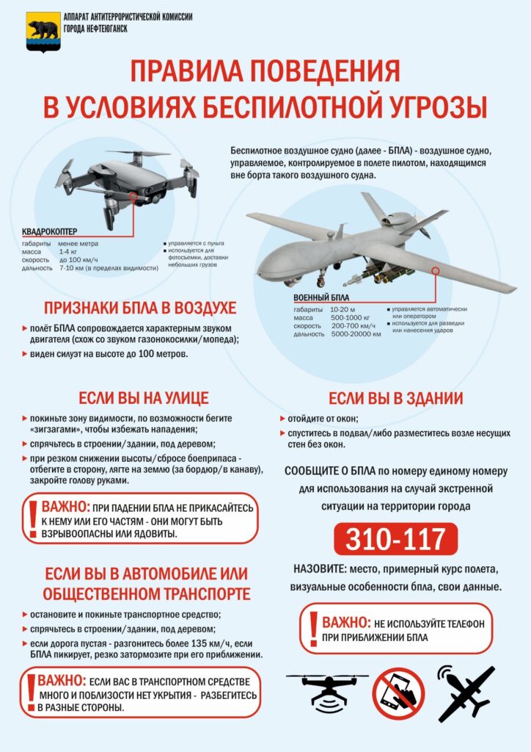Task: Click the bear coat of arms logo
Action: click(42, 31)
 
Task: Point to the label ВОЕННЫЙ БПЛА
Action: click(321, 297)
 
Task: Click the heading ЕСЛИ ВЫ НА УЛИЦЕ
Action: click(144, 398)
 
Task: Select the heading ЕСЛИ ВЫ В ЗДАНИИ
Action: click(395, 398)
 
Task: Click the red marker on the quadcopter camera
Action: click(133, 196)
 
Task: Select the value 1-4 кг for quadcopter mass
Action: click(68, 252)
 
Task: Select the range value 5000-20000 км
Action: click(356, 334)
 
